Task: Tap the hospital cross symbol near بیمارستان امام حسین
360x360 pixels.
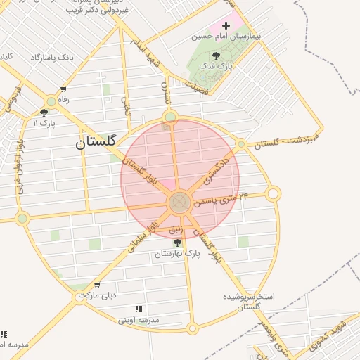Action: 226,25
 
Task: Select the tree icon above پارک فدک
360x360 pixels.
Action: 215,56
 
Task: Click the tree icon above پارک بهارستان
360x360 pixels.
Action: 177,243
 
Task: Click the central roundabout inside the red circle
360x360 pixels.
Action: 179,203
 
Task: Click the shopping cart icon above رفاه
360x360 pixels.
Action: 63,89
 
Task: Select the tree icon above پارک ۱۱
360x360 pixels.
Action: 44,112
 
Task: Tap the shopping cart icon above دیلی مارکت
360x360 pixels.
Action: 97,285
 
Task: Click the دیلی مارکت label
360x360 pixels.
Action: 97,295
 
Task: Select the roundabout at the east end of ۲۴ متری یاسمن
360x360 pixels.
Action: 273,193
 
